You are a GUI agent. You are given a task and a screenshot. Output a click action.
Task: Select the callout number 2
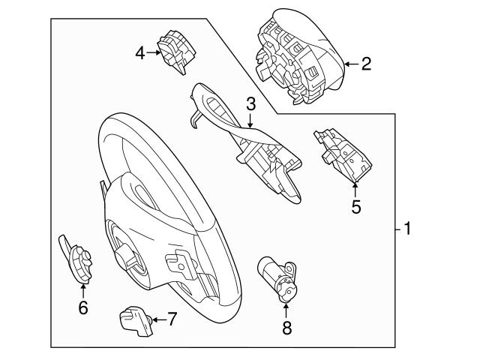coord(366,64)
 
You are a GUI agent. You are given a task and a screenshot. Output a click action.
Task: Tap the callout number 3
coord(251,103)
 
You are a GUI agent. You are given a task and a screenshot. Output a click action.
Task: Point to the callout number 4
coord(140,52)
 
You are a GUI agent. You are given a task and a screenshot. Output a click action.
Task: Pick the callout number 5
coord(356,206)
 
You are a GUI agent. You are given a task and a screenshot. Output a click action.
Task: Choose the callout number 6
coord(82,307)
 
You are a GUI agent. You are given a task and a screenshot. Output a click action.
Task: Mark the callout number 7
coord(172,319)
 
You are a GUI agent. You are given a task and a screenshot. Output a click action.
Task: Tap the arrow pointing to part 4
coord(154,52)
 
